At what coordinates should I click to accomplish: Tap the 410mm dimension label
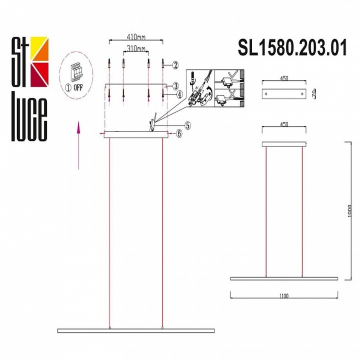[136, 38]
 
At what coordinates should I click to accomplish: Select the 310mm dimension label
[136, 49]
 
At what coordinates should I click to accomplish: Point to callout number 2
[176, 65]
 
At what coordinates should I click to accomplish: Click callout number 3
[176, 86]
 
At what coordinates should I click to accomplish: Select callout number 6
[178, 134]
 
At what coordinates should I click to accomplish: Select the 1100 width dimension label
[284, 296]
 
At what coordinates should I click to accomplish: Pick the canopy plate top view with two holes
[284, 94]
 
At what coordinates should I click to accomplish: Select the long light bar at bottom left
[136, 330]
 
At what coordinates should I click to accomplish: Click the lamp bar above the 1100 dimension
[284, 279]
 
